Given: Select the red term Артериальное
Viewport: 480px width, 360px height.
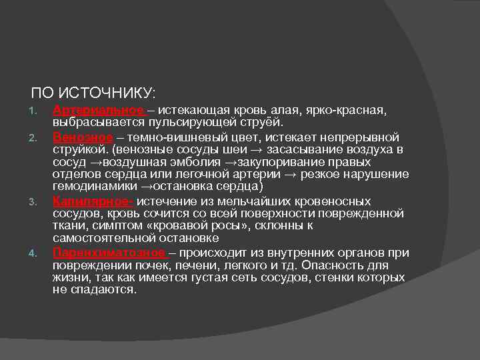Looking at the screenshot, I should pos(98,109).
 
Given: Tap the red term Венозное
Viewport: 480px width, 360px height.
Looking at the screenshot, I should pos(83,136).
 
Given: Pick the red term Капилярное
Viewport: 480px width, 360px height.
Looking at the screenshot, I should pos(93,201).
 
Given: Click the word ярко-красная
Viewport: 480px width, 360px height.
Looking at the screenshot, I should pos(349,109).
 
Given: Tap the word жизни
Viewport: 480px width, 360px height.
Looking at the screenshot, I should pos(71,277).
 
